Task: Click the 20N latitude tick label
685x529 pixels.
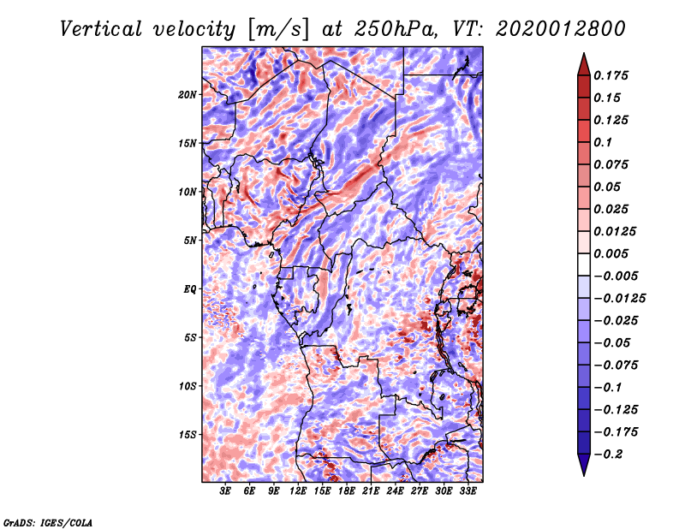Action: tap(188, 94)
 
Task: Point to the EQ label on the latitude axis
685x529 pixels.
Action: tap(190, 288)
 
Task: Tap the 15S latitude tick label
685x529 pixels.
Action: tap(188, 434)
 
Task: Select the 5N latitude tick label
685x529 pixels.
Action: tap(190, 240)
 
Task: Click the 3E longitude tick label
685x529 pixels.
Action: tap(226, 491)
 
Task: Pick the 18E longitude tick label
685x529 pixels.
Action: tap(347, 491)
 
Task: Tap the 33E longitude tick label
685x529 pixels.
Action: tap(468, 491)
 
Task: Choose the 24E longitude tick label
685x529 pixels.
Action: tap(395, 491)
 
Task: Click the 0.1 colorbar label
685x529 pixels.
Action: tap(605, 142)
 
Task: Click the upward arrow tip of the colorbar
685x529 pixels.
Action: tap(583, 55)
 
